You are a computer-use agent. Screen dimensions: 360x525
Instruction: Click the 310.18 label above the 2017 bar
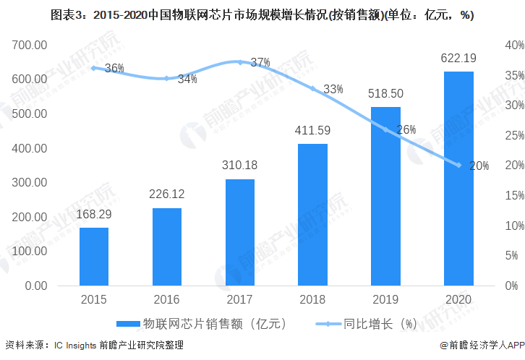pyautogui.click(x=240, y=166)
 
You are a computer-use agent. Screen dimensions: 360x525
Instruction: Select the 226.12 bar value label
pyautogui.click(x=167, y=195)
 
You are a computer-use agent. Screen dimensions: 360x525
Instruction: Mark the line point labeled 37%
pyautogui.click(x=240, y=62)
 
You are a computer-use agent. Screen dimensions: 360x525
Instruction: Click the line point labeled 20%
pyautogui.click(x=458, y=165)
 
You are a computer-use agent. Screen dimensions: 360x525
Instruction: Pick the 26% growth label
pyautogui.click(x=406, y=130)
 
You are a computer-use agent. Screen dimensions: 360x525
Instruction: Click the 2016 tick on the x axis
pyautogui.click(x=167, y=299)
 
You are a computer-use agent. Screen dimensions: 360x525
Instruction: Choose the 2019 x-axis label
pyautogui.click(x=385, y=299)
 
